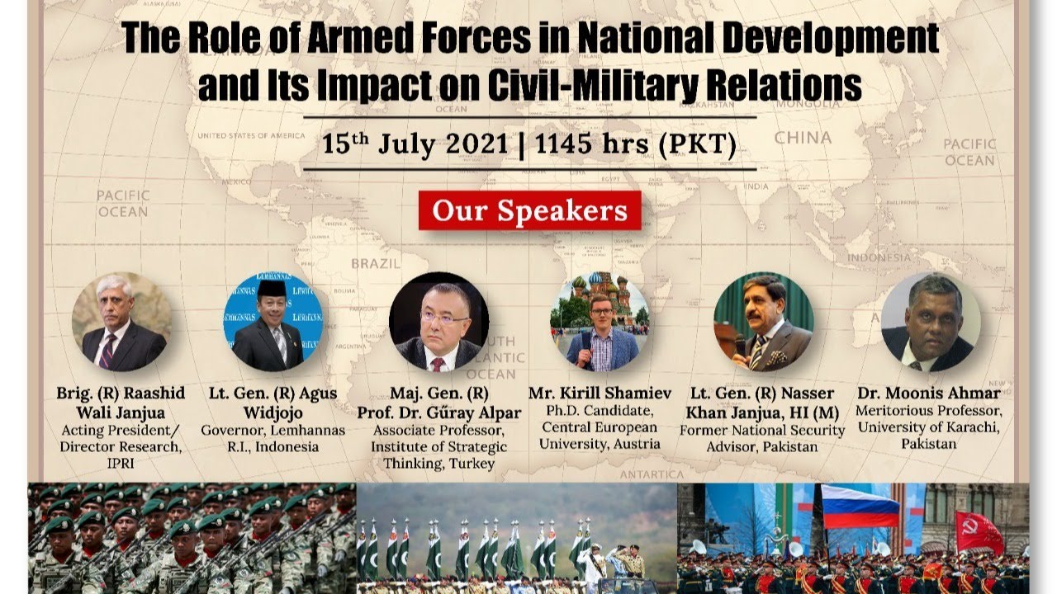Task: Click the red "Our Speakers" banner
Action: point(530,210)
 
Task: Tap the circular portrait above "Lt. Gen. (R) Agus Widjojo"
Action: point(273,322)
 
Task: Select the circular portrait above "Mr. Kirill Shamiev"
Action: point(600,322)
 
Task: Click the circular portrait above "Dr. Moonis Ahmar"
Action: point(931,322)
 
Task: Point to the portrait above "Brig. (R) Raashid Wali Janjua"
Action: point(121,322)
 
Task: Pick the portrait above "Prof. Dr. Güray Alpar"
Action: point(438,322)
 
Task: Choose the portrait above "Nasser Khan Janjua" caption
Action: point(764,322)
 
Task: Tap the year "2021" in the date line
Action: point(476,144)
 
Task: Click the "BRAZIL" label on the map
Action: point(376,263)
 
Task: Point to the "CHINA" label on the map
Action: point(803,138)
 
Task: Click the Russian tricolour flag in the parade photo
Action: point(860,507)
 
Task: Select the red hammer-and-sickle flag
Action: point(979,532)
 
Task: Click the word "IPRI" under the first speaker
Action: point(121,464)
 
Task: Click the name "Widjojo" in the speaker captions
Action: point(273,413)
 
